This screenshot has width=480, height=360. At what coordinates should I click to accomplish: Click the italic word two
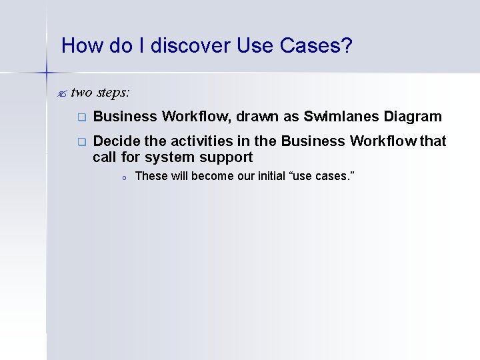pos(81,91)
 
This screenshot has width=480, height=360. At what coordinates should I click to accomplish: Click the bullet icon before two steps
pos(64,92)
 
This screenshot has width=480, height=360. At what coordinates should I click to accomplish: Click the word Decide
pos(115,141)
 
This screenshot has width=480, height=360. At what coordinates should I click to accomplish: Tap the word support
pos(225,158)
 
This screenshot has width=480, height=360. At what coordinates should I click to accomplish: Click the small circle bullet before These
pos(124,177)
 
